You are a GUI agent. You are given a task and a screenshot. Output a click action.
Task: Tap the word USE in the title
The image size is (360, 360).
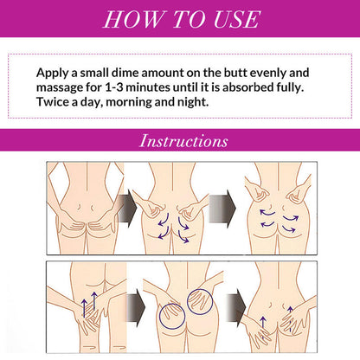[x=237, y=19]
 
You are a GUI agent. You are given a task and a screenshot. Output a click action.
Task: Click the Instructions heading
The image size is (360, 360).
[x=183, y=141]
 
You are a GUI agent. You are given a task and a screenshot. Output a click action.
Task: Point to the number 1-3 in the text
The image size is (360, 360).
[x=113, y=87]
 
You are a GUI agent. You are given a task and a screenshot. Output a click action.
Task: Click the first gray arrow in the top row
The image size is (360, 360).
[x=127, y=209]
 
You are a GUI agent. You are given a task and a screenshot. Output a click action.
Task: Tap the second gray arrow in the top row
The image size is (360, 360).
[x=222, y=209]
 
